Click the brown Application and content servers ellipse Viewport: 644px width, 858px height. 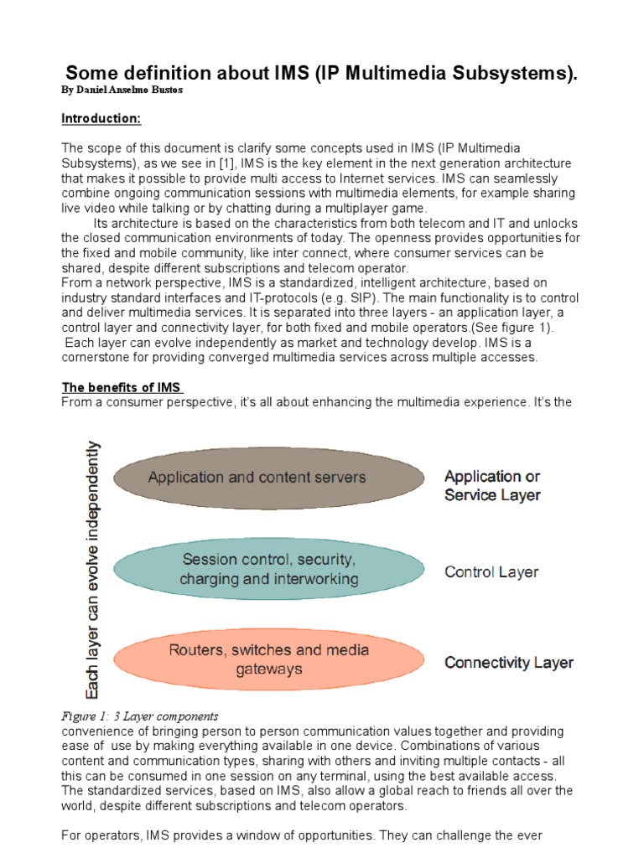click(x=257, y=477)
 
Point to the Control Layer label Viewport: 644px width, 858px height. click(x=491, y=572)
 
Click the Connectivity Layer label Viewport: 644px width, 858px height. click(x=509, y=663)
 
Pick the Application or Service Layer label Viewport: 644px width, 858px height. click(x=492, y=485)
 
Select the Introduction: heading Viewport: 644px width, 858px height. click(x=101, y=119)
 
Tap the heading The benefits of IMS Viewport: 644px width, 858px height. click(x=122, y=387)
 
